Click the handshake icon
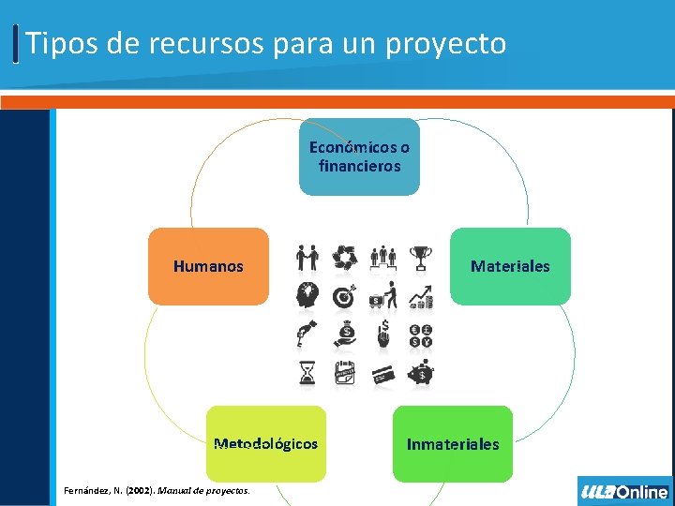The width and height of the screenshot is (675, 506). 307,257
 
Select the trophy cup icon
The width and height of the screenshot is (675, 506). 422,257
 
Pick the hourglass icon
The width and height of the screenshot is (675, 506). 307,375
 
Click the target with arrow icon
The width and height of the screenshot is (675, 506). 344,296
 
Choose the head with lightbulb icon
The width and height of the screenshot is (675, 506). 307,296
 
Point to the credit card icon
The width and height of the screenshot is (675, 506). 383,375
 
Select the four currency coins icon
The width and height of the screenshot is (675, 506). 422,335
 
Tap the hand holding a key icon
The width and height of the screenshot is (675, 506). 307,335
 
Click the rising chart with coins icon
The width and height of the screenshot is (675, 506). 422,296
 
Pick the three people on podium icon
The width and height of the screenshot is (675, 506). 383,257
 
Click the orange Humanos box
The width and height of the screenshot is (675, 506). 208,266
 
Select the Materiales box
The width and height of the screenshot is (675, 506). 510,266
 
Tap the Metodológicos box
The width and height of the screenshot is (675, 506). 266,443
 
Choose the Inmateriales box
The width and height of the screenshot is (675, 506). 453,443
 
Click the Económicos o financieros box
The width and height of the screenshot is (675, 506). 359,156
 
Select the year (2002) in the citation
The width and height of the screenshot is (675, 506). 139,490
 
